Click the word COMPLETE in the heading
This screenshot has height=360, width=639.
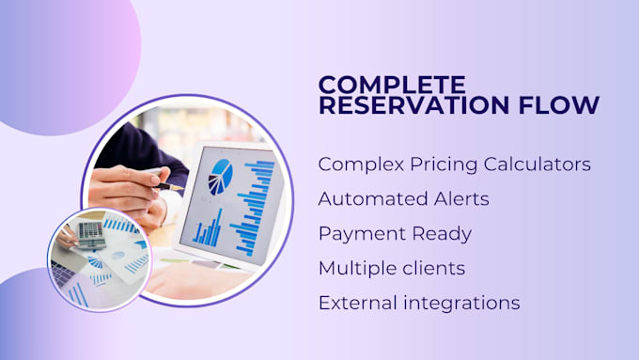point(392,85)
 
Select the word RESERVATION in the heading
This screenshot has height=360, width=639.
point(414,104)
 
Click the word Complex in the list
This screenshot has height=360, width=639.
point(361,164)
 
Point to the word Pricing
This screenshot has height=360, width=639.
point(444,165)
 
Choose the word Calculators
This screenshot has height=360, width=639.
point(538,164)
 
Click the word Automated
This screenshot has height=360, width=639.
point(373,199)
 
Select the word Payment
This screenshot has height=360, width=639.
point(363,234)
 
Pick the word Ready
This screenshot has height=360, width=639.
point(442,234)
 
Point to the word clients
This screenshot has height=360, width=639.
point(434,268)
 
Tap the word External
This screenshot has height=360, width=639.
point(358,303)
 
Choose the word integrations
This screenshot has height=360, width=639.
point(461,304)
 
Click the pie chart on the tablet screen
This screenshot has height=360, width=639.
point(221,177)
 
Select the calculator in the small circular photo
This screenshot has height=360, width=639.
point(91,234)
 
